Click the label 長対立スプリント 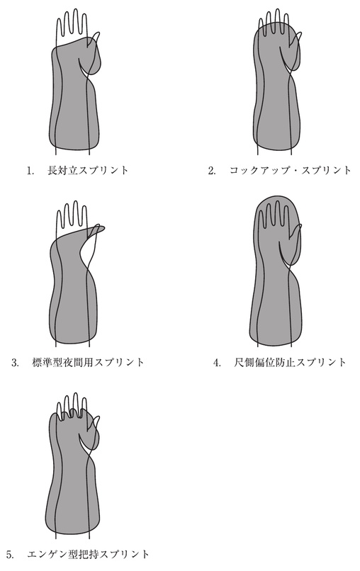click(x=88, y=170)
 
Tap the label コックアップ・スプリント click(x=290, y=170)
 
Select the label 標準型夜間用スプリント click(x=88, y=362)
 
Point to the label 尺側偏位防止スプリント click(x=290, y=362)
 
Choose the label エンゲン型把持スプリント click(x=88, y=555)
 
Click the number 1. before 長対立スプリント click(x=30, y=171)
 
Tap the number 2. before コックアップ click(x=212, y=171)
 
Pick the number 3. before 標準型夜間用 click(x=15, y=363)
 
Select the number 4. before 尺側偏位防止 click(x=217, y=363)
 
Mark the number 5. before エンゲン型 click(x=10, y=555)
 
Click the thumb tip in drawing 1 click(x=98, y=33)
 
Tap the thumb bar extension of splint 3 click(x=96, y=230)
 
